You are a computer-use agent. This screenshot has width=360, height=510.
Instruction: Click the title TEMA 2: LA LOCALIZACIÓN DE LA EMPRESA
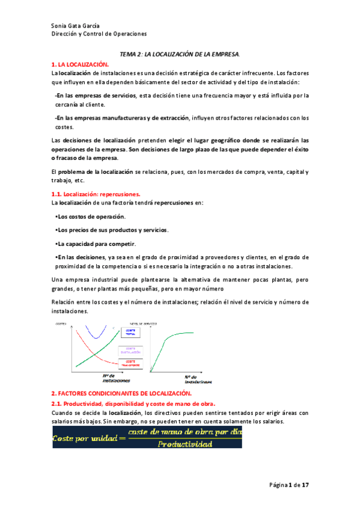[180, 54]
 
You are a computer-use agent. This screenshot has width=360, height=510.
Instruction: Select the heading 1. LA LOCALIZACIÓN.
[81, 63]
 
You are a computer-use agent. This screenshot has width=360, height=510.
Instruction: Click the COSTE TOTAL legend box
[130, 332]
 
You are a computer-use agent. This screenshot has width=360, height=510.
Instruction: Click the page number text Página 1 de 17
[289, 485]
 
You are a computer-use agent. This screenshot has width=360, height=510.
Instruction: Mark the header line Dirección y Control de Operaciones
[99, 34]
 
